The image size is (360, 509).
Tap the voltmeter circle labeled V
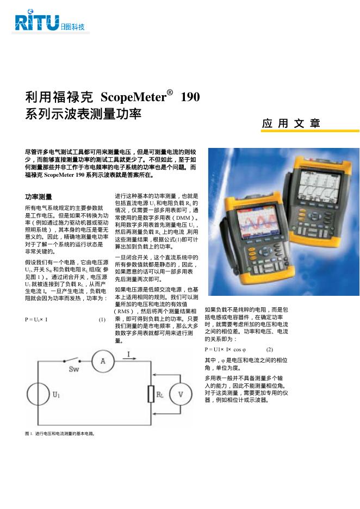(x=183, y=394)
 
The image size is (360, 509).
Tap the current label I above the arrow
(x=128, y=354)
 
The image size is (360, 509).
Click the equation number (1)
(x=102, y=319)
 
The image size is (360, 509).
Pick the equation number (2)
(x=269, y=349)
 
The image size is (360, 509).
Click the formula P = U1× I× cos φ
(x=225, y=349)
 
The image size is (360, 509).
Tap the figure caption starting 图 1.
(x=60, y=433)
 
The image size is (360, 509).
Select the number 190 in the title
(x=190, y=98)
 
